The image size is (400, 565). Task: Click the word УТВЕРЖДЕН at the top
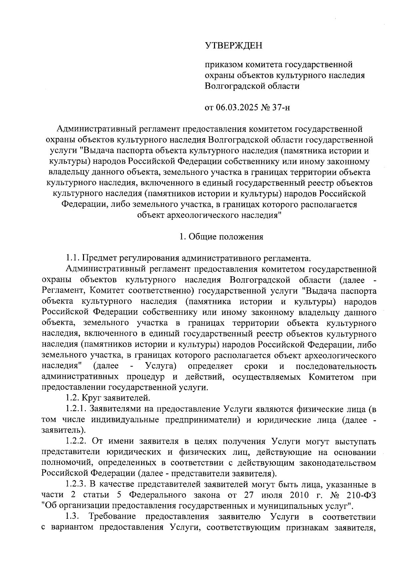click(x=233, y=45)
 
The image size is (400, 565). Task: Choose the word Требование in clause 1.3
click(x=112, y=517)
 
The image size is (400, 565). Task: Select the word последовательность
click(x=336, y=366)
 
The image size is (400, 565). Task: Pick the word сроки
click(x=256, y=366)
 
